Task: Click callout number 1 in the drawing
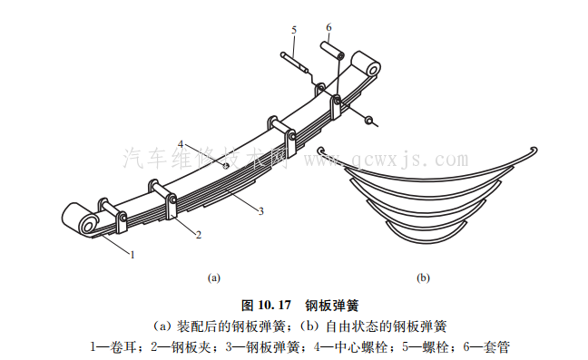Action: (x=132, y=255)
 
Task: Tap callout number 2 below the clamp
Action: (x=199, y=235)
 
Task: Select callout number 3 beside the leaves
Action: (x=261, y=211)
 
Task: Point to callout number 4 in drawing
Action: (x=181, y=144)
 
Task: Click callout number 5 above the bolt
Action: (x=294, y=30)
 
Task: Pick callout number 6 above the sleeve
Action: (x=328, y=27)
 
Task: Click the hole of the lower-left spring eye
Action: (x=89, y=226)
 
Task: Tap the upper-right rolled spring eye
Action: (x=366, y=64)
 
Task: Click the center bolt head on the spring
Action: (x=226, y=166)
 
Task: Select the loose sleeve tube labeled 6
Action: (x=332, y=51)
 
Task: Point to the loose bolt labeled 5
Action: (x=295, y=63)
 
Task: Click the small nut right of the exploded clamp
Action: (x=368, y=120)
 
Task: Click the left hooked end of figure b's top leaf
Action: (x=320, y=151)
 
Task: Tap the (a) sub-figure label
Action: (x=214, y=278)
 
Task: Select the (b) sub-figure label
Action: (x=423, y=278)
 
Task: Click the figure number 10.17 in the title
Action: (x=275, y=306)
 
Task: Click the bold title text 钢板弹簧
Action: (x=332, y=306)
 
